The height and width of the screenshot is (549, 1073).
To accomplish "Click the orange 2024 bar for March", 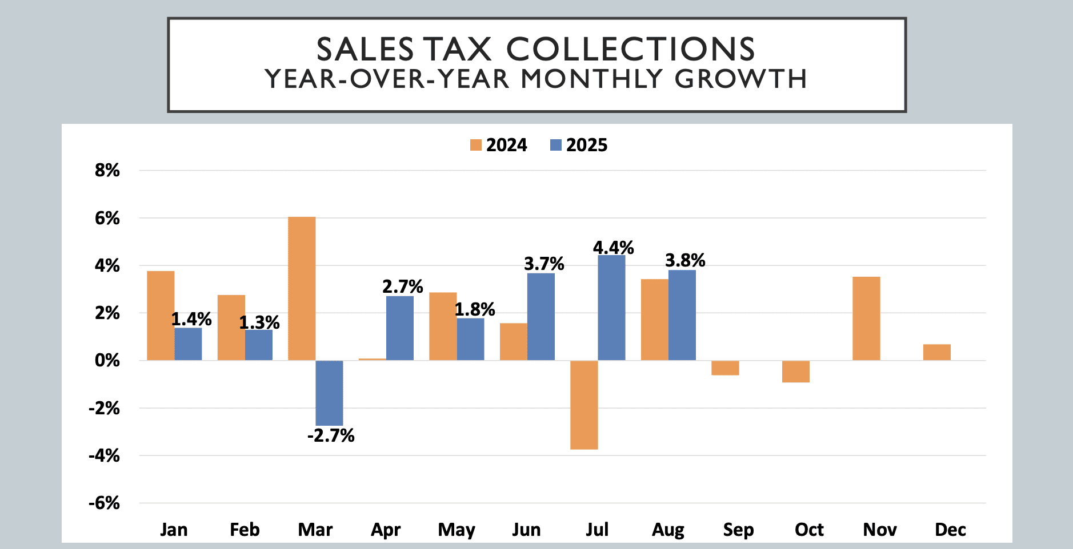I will (302, 289).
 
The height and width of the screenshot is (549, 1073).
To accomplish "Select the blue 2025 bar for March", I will (329, 393).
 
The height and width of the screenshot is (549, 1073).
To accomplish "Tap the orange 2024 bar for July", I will (584, 405).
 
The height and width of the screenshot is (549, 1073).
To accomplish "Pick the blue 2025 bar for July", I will (611, 308).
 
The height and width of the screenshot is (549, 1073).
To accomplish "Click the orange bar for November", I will (866, 318).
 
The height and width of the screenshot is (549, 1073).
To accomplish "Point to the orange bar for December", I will (936, 352).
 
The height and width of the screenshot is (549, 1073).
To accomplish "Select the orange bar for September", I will (725, 368).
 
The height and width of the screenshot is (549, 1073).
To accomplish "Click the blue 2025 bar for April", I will (400, 328).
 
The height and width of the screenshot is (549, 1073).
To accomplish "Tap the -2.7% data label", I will (331, 436).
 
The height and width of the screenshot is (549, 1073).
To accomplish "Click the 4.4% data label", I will (613, 248).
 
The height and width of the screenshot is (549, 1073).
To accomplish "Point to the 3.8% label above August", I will (685, 260).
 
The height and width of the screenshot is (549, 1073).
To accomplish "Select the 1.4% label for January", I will (191, 319).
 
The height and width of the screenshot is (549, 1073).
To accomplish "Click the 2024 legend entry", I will (499, 145).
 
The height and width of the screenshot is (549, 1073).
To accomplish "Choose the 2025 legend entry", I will (579, 145).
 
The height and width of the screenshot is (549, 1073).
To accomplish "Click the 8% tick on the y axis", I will (107, 170).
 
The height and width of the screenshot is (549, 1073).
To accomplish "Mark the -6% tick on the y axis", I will (105, 503).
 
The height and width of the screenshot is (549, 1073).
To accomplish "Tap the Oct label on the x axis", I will (809, 530).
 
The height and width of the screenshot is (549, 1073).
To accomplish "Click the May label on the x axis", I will (457, 530).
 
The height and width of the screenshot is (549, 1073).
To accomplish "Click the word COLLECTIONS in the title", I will (630, 49).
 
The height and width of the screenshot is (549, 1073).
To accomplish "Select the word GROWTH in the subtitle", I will (740, 79).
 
